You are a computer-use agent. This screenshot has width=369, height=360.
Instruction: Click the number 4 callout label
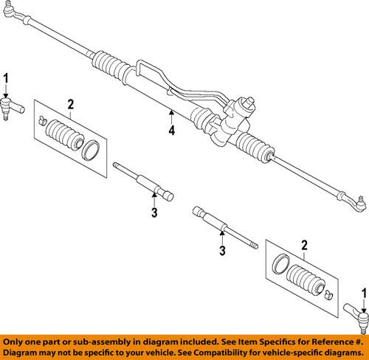tap(171, 131)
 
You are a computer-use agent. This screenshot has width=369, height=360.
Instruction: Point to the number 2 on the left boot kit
tap(71, 103)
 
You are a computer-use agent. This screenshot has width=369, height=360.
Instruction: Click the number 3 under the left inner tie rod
tap(154, 214)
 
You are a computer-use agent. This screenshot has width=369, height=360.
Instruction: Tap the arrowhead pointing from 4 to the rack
tap(171, 112)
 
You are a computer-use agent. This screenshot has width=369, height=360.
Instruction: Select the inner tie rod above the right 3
tap(225, 224)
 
